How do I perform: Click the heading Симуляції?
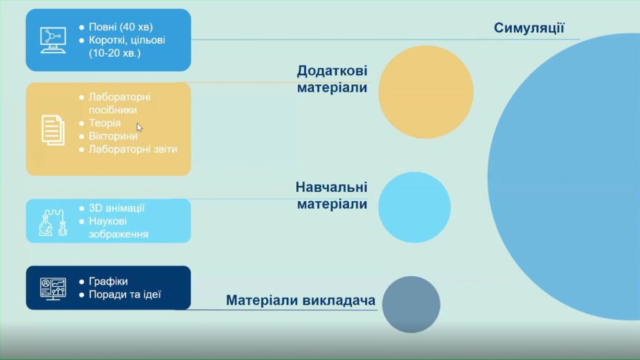529,27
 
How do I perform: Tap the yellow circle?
426,92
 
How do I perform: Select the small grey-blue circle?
411,304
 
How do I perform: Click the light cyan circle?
414,207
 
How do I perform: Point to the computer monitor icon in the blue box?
53,40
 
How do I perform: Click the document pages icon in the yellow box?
53,130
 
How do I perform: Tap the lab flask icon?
52,222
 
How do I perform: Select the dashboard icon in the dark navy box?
53,289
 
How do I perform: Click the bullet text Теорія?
104,123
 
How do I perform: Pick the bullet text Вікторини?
113,136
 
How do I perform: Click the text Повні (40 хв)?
121,27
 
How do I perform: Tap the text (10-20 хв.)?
115,53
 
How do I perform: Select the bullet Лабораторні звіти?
133,149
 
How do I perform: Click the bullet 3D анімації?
117,207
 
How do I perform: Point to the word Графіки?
108,281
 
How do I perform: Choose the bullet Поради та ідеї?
125,294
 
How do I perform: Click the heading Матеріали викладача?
301,301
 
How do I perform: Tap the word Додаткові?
332,71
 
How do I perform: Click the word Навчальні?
331,187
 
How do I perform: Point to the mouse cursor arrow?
139,127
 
